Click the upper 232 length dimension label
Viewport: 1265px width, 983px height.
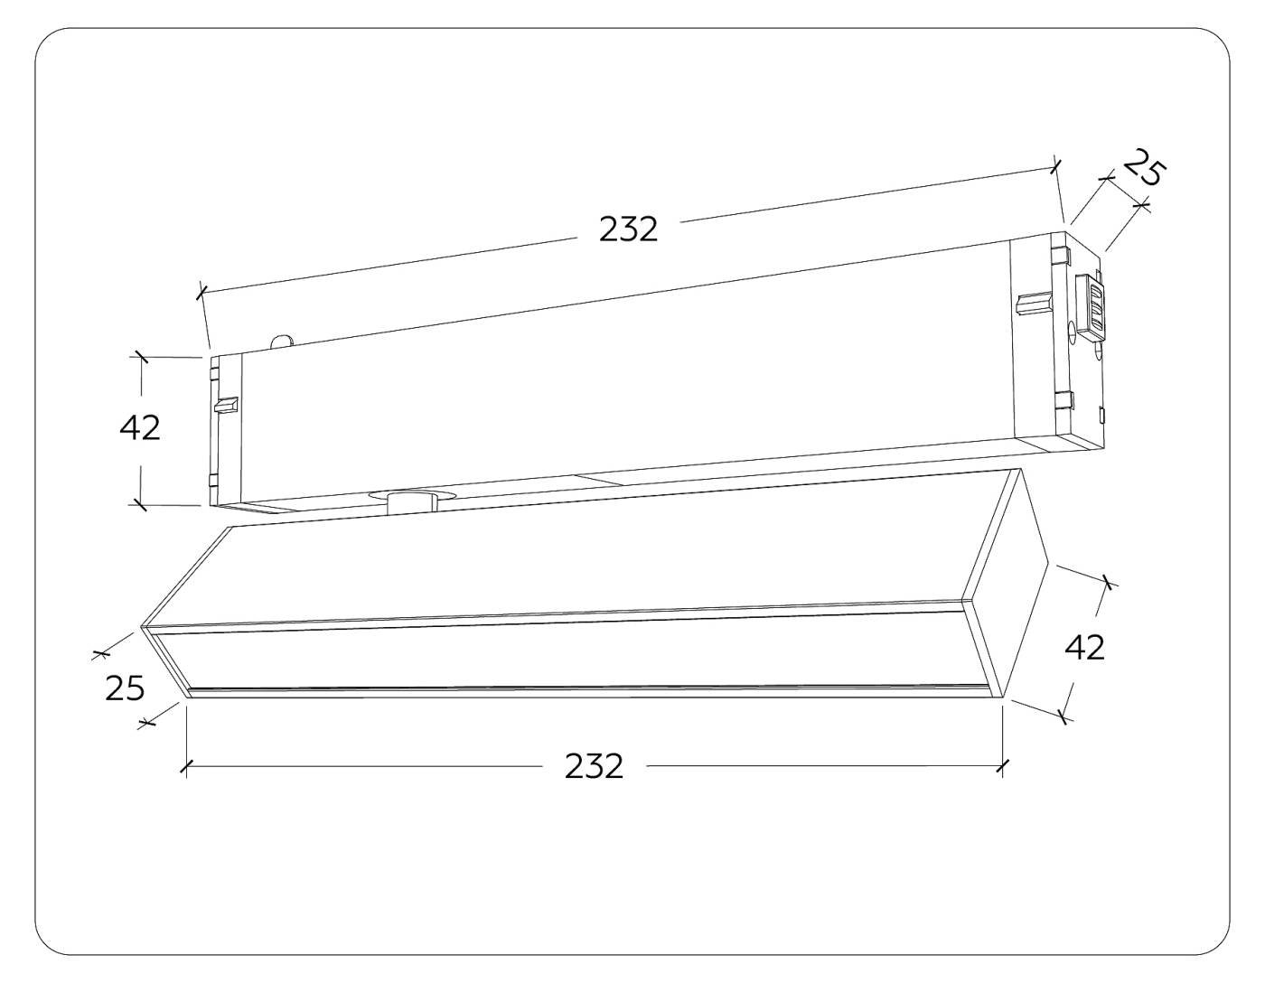(x=628, y=229)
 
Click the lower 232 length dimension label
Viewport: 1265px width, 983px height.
(x=594, y=766)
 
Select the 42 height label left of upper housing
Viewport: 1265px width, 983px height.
(x=140, y=427)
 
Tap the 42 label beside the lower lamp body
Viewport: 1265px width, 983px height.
(x=1084, y=647)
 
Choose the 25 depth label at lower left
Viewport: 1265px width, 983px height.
(x=125, y=688)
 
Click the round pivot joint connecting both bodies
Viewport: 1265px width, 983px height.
(x=411, y=501)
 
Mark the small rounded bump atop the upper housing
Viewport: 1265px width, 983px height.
(x=282, y=340)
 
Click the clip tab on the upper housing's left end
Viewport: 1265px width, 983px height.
(x=225, y=405)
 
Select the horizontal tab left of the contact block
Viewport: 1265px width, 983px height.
(x=1035, y=303)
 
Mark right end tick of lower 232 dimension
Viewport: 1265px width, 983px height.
(x=1001, y=766)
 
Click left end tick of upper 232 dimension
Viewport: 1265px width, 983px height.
(x=201, y=292)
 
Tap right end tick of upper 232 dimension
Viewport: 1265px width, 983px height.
(x=1055, y=165)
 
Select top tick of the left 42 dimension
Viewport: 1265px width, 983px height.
(x=140, y=357)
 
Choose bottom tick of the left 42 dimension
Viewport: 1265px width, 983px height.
(x=140, y=504)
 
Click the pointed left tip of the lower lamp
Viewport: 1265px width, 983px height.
(x=143, y=625)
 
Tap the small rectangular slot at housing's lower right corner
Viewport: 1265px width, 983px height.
(x=1101, y=416)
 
